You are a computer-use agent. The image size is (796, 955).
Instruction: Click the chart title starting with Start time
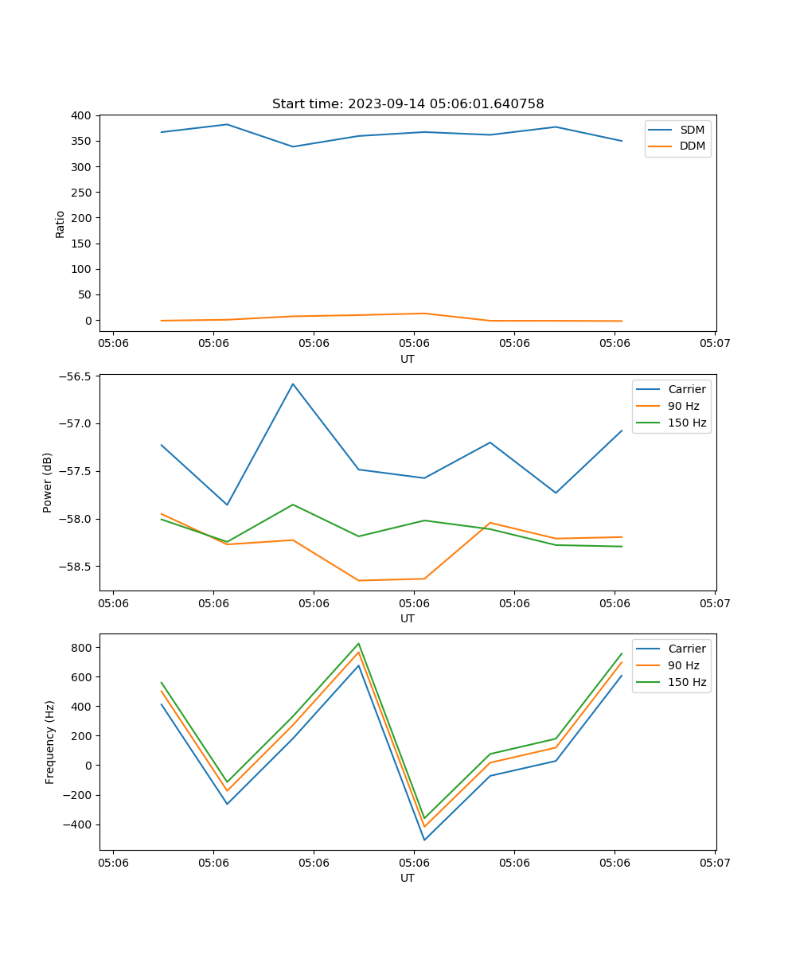[x=408, y=104]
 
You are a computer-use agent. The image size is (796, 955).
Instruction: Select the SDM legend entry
[x=692, y=130]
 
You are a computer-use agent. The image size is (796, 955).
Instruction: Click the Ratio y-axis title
[x=60, y=224]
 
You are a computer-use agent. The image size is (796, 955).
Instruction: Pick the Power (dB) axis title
[x=48, y=482]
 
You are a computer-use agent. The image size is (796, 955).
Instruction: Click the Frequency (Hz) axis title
[x=50, y=742]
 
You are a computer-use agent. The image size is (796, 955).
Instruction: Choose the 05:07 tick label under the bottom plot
[x=714, y=862]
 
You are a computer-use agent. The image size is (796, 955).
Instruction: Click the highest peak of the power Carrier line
[x=293, y=384]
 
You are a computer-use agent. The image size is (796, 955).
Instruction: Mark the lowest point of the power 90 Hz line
[x=358, y=580]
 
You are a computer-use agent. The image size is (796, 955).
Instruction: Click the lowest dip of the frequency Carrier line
[x=424, y=840]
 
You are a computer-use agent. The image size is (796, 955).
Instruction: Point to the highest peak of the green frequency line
[x=359, y=644]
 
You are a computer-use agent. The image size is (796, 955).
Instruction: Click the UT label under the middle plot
[x=408, y=618]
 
